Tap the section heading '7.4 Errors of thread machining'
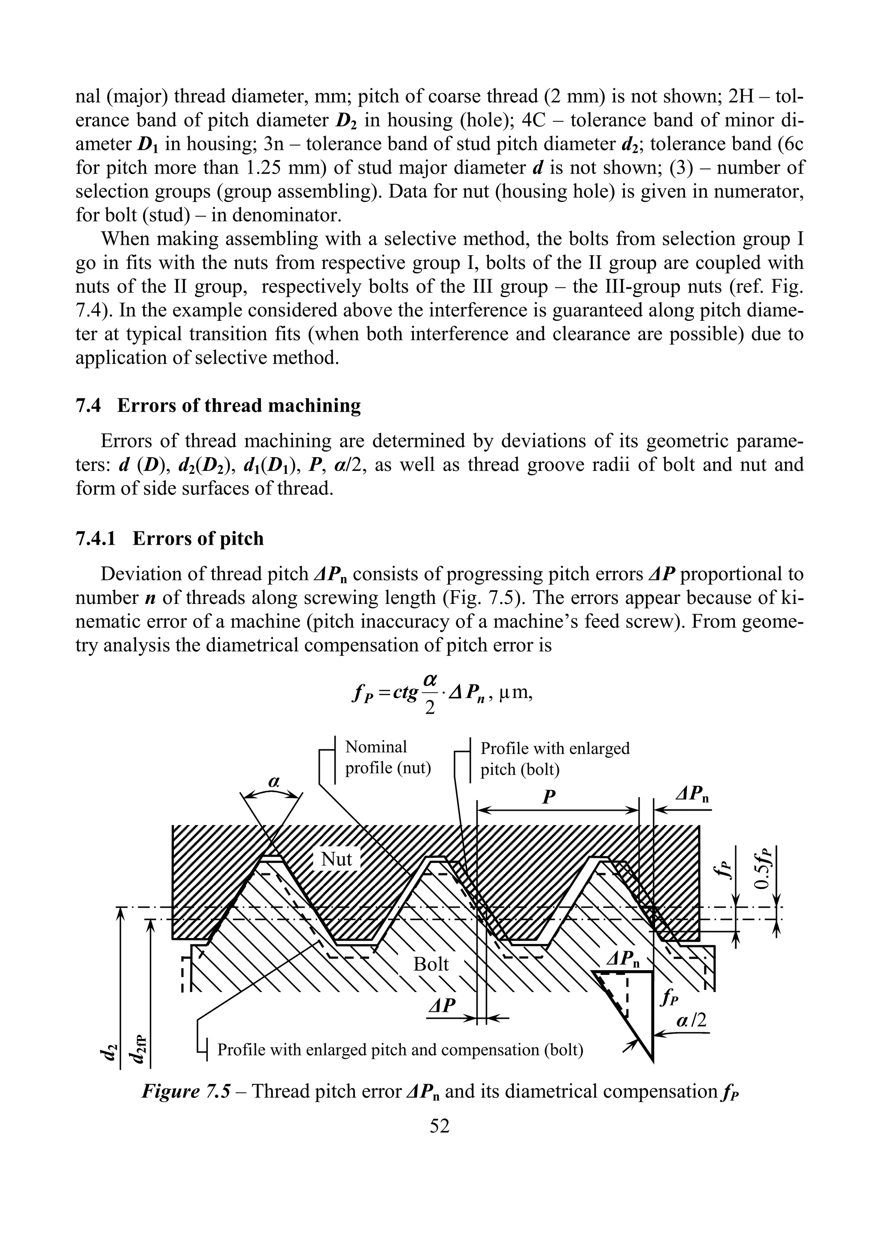[x=218, y=405]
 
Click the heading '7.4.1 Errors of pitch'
[x=170, y=539]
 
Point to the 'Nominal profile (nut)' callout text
[x=387, y=757]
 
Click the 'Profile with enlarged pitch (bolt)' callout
[x=555, y=758]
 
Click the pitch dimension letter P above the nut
[x=549, y=796]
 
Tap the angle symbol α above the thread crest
[x=274, y=781]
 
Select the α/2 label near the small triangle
[x=692, y=1020]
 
